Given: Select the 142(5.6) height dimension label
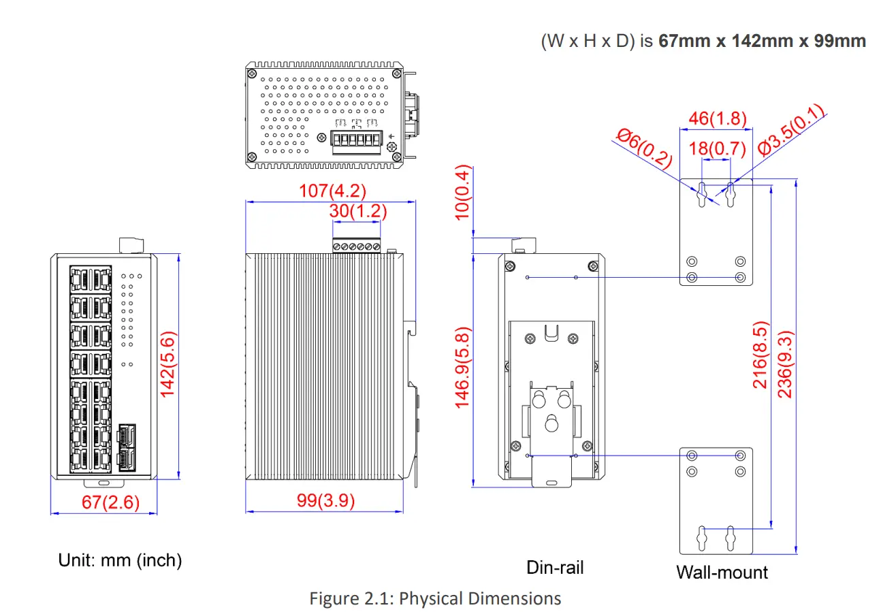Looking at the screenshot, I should (x=168, y=364).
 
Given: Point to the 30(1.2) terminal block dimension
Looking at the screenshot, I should (x=357, y=211).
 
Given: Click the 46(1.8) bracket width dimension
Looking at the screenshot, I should (x=717, y=118).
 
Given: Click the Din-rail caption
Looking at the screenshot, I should (x=555, y=567).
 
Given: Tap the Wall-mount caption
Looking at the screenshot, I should (x=722, y=572).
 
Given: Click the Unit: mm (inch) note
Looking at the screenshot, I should (x=121, y=560).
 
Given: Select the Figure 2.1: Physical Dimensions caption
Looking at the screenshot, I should (x=435, y=598).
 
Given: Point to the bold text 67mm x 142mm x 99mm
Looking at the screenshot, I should (x=762, y=41).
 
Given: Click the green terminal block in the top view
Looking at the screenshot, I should (x=356, y=141).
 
